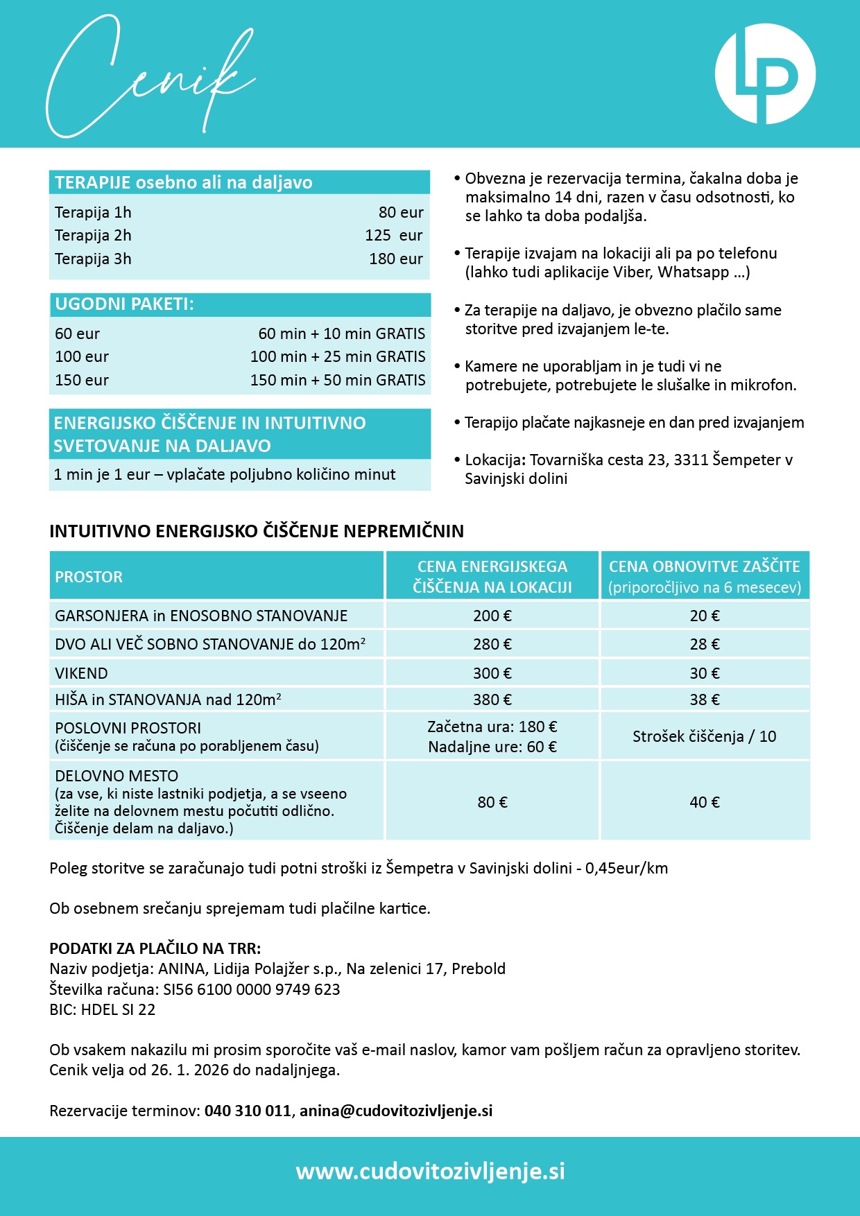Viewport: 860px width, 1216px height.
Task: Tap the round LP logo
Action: click(x=765, y=74)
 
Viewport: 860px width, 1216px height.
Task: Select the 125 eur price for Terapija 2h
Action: click(x=393, y=236)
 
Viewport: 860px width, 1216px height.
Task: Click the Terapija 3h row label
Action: click(x=93, y=259)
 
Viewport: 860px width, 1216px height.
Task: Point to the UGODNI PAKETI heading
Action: click(x=125, y=304)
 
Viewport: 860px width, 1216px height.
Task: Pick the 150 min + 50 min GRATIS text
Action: click(x=338, y=381)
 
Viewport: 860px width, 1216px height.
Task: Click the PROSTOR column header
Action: click(x=89, y=577)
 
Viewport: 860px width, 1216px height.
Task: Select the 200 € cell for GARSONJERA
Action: click(x=492, y=616)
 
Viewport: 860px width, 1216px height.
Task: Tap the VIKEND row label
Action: click(x=81, y=673)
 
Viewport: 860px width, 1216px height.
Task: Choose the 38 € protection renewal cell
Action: click(x=704, y=700)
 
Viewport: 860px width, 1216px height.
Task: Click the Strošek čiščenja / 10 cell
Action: click(x=704, y=736)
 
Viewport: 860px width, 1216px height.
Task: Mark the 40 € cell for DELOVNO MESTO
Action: click(x=704, y=802)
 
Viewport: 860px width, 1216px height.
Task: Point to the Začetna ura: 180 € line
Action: click(x=492, y=727)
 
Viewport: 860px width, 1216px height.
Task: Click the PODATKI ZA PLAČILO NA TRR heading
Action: click(x=155, y=948)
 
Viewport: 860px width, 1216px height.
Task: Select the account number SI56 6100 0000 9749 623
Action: click(x=252, y=989)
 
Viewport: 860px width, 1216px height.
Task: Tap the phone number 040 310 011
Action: click(x=248, y=1111)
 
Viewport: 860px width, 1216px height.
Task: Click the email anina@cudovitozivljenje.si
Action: click(x=396, y=1111)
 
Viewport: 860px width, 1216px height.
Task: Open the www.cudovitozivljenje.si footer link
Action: click(x=430, y=1171)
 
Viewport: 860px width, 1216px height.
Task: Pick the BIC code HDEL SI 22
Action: click(x=118, y=1009)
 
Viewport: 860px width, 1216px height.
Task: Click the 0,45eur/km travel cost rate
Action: click(x=626, y=868)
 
